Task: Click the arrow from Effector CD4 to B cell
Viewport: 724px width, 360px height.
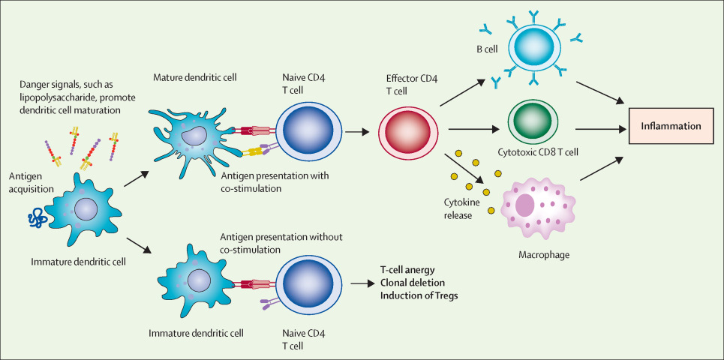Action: click(x=464, y=89)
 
